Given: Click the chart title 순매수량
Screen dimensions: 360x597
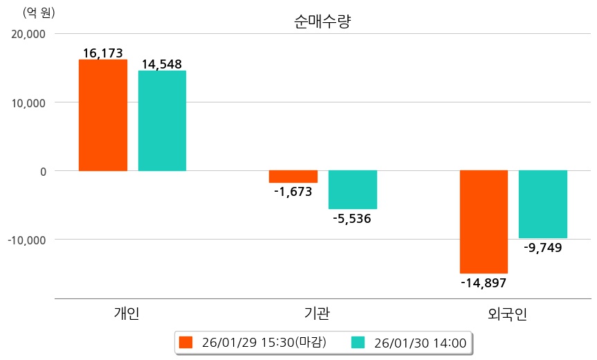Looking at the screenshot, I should point(322,21).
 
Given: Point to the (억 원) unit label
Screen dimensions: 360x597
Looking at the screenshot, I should point(39,12).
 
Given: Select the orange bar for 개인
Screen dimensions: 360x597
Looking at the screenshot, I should point(103,115).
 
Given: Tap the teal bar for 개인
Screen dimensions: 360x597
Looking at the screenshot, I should point(162,120).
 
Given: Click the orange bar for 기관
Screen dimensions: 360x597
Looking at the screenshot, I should point(293,177).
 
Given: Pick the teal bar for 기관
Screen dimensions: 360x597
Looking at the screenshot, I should point(353,190).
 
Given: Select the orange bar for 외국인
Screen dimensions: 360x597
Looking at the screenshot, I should point(484,222).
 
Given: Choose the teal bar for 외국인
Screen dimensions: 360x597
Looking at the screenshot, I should point(543,204).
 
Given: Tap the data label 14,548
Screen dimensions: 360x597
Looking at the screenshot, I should point(162,64).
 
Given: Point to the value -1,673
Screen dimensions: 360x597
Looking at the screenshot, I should point(293,192).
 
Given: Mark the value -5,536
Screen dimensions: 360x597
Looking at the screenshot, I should point(352,219).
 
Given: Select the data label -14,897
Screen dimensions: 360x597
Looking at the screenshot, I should point(484,282).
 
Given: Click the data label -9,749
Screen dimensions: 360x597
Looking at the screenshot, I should point(543,247).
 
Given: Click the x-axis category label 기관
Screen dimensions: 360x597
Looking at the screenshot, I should point(317,314).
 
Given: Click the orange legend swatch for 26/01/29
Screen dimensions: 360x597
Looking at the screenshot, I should point(185,342).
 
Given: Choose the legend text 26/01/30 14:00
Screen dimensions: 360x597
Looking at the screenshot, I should point(420,342).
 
